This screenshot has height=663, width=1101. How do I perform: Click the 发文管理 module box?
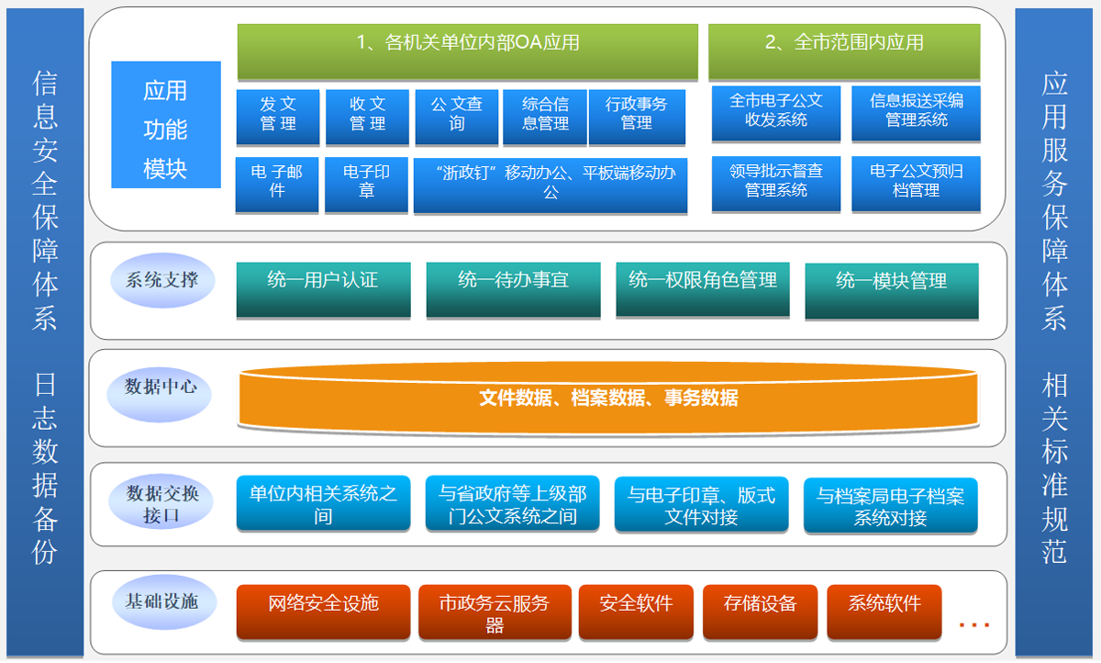point(278,116)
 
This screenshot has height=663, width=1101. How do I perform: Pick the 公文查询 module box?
point(456,116)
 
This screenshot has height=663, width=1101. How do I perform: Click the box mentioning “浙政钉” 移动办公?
point(550,185)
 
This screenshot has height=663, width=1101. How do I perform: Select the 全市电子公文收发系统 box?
point(776,113)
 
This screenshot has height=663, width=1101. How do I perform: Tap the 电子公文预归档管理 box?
point(916,182)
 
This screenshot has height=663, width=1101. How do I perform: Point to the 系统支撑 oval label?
point(161,279)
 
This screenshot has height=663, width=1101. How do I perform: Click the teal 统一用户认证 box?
point(323,288)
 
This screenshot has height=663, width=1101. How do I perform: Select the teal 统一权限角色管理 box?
point(703,288)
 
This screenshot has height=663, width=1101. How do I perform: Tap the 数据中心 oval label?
point(161,388)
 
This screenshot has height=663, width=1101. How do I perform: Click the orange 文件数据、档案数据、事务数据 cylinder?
point(608,399)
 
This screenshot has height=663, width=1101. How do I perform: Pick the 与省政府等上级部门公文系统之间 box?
point(513,504)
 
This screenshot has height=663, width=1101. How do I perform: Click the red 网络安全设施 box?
point(323,611)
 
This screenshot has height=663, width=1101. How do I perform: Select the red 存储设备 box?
point(760,611)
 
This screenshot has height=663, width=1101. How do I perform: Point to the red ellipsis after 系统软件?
point(973,624)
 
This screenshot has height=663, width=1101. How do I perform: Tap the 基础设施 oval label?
point(161,602)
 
